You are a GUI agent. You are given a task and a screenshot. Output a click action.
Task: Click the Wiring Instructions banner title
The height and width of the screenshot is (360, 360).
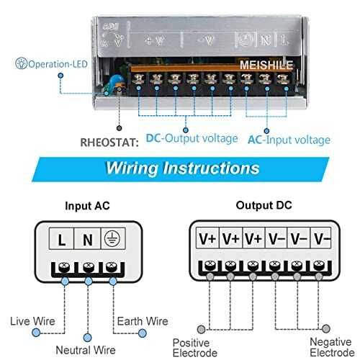point(182,168)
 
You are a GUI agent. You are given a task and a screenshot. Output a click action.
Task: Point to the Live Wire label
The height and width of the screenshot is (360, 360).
point(34,320)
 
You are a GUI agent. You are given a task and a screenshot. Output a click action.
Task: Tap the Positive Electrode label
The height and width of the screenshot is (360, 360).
point(196,347)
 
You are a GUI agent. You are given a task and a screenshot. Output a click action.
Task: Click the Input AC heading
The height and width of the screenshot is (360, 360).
point(87,205)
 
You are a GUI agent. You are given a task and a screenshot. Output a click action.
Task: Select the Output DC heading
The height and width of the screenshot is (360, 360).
point(258,205)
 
